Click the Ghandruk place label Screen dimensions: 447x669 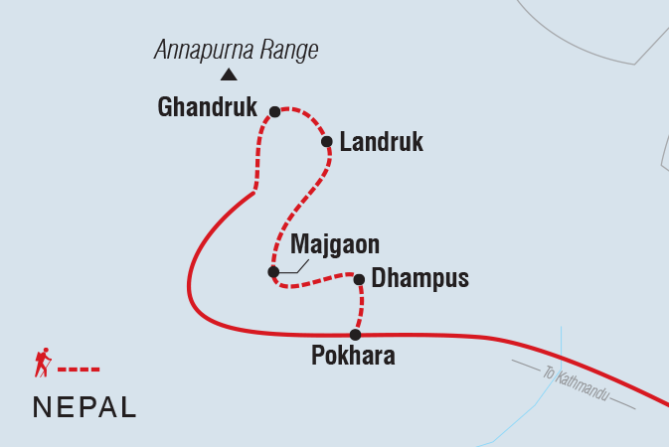click(x=207, y=107)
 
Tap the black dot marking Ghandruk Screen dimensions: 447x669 click(x=275, y=112)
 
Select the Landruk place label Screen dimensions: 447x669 click(x=381, y=143)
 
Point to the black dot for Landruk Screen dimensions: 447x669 click(x=326, y=142)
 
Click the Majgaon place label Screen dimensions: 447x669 click(x=335, y=244)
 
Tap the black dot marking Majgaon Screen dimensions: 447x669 click(x=273, y=271)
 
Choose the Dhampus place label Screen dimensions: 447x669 click(x=419, y=279)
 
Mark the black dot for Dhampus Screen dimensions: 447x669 click(x=359, y=279)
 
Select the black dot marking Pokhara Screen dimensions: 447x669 click(x=355, y=335)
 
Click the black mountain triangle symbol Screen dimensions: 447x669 click(x=229, y=74)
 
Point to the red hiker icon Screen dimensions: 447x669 click(x=42, y=364)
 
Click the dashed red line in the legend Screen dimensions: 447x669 click(x=79, y=370)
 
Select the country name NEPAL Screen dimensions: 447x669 click(x=84, y=406)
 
